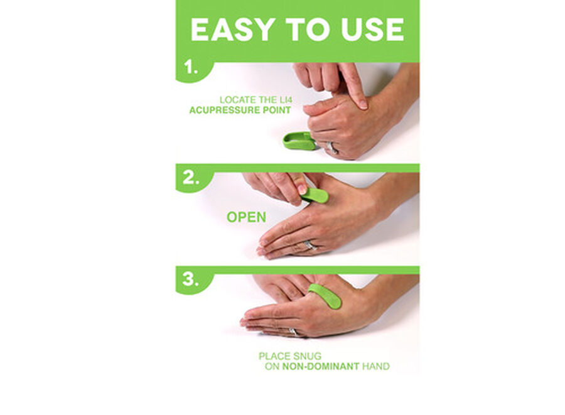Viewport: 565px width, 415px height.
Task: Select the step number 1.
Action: coord(190,67)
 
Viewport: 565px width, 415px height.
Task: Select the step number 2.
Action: coord(191,178)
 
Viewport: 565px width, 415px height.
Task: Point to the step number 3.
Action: coord(191,279)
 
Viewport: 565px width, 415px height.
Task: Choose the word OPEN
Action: coord(247,217)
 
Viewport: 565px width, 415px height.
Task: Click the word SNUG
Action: coord(307,356)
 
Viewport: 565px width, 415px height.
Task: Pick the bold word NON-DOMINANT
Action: coord(320,367)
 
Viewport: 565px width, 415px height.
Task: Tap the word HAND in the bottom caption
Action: coord(376,367)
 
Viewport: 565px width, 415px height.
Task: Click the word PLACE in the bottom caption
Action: coord(274,356)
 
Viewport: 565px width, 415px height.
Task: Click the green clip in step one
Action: coord(299,141)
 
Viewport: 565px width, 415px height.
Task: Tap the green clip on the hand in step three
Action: coord(325,296)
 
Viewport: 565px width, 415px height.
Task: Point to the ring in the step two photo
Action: coord(310,245)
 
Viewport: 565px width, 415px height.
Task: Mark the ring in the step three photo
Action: coord(294,331)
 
